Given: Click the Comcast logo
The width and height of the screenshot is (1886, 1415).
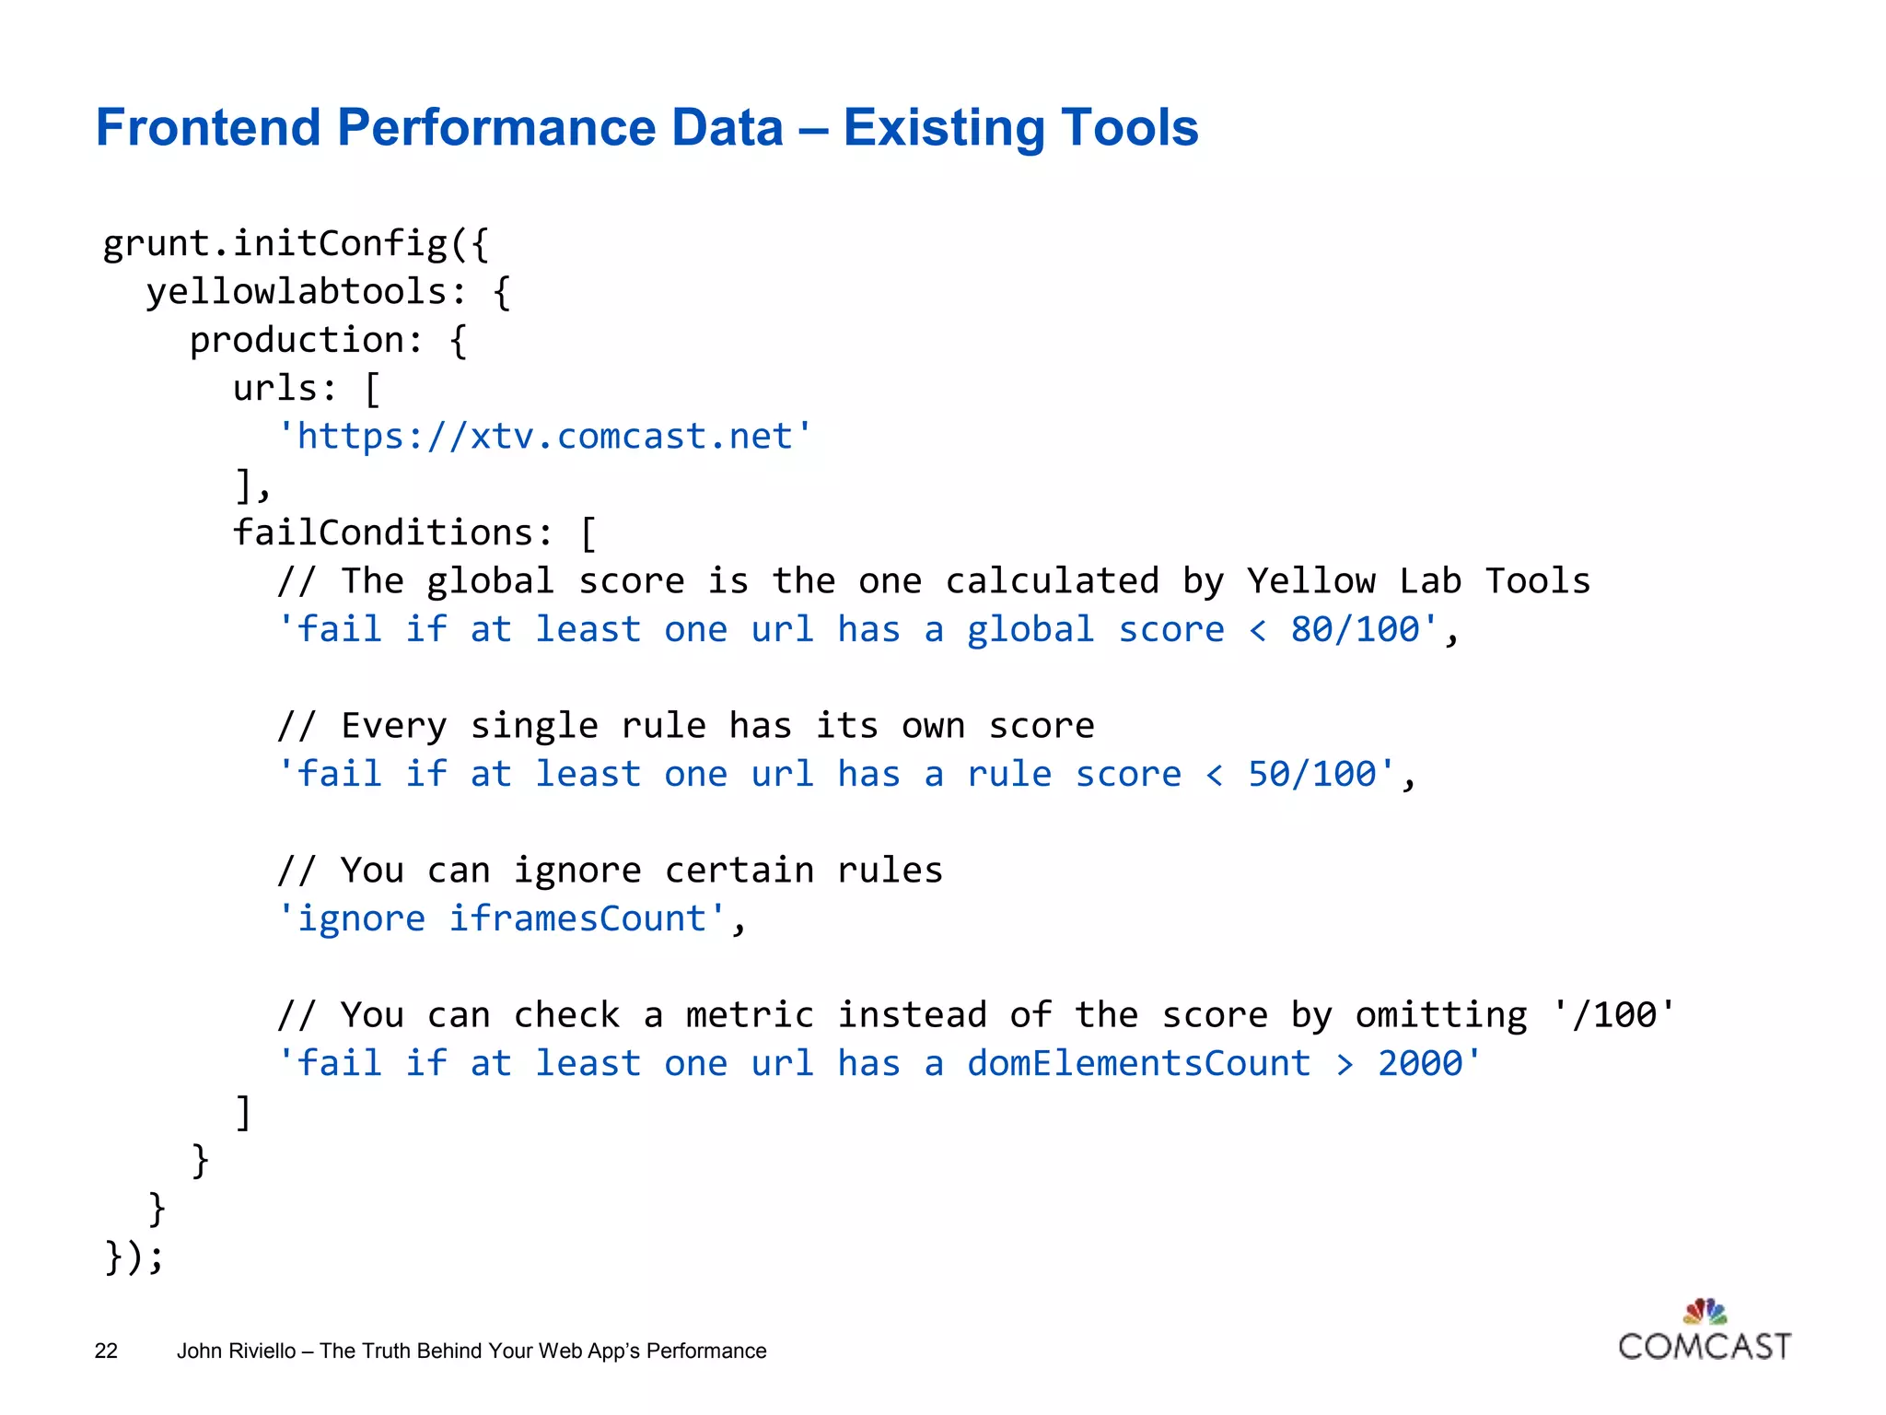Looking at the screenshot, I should (1704, 1332).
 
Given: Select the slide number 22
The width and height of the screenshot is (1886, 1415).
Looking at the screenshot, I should (106, 1351).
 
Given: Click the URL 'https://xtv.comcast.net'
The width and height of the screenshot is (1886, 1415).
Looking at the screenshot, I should (544, 436).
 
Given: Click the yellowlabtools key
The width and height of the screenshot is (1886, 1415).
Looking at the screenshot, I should (297, 292).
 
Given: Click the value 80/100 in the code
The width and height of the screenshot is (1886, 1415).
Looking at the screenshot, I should (1355, 629).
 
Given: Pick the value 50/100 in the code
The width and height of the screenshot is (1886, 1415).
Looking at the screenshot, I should (1311, 774).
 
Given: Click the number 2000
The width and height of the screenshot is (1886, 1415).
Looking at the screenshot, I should (1419, 1063).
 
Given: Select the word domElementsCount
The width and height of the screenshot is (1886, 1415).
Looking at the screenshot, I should (1138, 1063).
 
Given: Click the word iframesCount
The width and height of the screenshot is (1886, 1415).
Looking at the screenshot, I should (577, 918).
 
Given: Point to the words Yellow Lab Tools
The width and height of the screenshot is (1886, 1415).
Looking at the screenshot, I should (1418, 581).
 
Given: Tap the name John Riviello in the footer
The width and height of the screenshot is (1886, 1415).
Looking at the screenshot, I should (236, 1351).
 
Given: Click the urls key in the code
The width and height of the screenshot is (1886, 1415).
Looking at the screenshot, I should (274, 389).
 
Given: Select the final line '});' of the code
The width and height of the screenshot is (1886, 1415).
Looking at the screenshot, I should (134, 1257).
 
